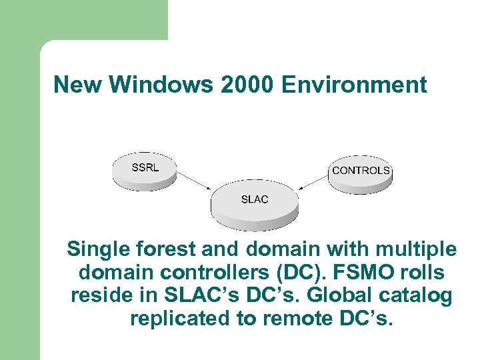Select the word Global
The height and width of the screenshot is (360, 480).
coord(339,296)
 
